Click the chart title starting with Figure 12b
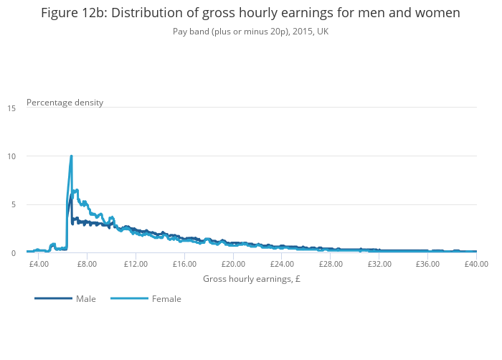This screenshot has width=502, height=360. coord(250,13)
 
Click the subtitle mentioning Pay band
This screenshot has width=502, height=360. coord(250,32)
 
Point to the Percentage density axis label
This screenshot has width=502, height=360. coord(65,103)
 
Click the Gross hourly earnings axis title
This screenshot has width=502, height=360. coord(251,279)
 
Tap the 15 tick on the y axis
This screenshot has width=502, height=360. coord(11,108)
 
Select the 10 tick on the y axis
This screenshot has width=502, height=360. coord(11,156)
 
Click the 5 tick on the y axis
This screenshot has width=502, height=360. coord(11,205)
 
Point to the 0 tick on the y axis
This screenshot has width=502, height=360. coord(11,253)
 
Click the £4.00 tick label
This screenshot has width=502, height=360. coord(39,264)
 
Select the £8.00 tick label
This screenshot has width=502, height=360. coord(87,264)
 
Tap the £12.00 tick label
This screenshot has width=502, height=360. coord(136,264)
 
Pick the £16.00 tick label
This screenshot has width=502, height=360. coord(184,264)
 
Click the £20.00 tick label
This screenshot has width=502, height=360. coord(233,264)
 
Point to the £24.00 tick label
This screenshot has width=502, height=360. coord(282,264)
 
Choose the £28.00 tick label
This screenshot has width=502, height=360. coord(331,264)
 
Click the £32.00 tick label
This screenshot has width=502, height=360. coord(379,264)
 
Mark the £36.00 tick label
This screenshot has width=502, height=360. coord(428,264)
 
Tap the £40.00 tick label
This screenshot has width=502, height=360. coord(476,264)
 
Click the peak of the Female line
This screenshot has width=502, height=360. coord(71,156)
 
